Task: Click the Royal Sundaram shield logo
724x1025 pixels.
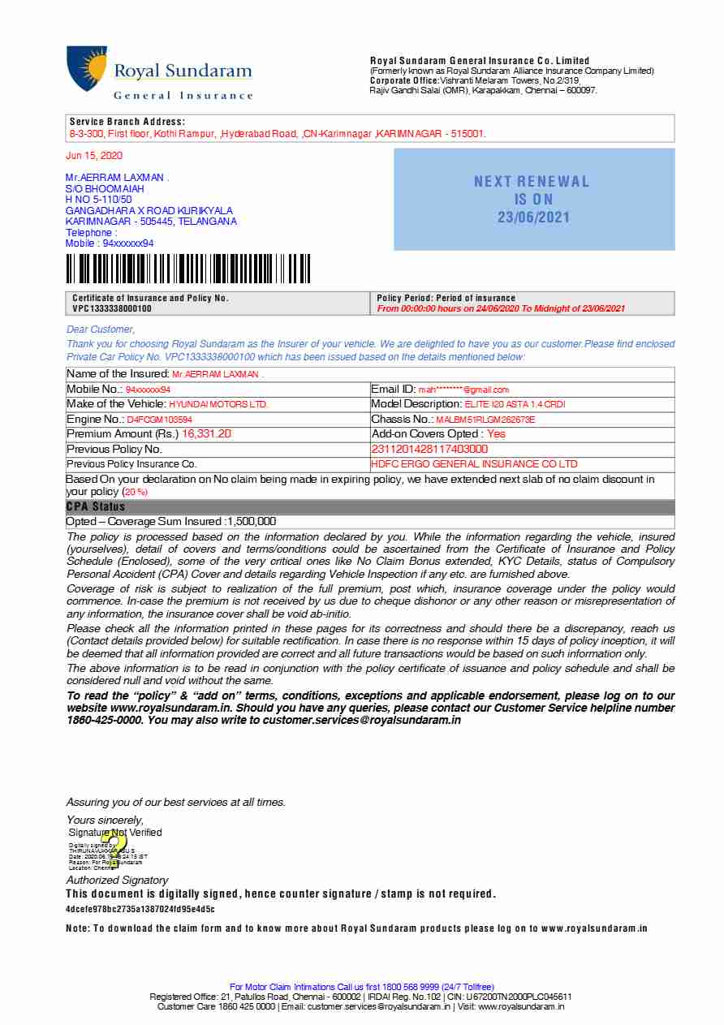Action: (x=87, y=68)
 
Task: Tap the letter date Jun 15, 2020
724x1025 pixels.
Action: (x=94, y=155)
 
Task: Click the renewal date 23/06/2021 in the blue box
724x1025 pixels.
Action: (x=533, y=217)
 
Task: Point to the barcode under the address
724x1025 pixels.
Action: (x=187, y=269)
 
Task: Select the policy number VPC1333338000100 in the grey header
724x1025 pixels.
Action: (x=112, y=308)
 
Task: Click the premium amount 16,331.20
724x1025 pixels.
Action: (x=206, y=434)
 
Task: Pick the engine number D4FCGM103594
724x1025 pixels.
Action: (x=159, y=420)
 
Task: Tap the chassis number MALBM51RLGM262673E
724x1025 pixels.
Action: (x=485, y=420)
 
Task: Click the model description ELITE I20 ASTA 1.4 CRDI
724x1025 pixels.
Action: (x=515, y=404)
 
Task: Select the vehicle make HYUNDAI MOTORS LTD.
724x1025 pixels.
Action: (x=218, y=404)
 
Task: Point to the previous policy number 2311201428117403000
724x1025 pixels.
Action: (x=429, y=449)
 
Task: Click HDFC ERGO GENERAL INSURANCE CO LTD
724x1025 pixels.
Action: (x=474, y=464)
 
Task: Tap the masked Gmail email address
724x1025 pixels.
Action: (x=463, y=390)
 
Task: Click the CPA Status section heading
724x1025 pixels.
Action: (x=96, y=506)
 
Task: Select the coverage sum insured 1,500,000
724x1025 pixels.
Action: (x=252, y=521)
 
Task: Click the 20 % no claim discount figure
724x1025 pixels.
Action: (x=135, y=492)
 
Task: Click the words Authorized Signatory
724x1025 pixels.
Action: (x=117, y=880)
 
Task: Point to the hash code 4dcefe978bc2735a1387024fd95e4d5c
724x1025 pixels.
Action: (x=140, y=909)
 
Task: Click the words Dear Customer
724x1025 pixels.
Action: (x=100, y=329)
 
